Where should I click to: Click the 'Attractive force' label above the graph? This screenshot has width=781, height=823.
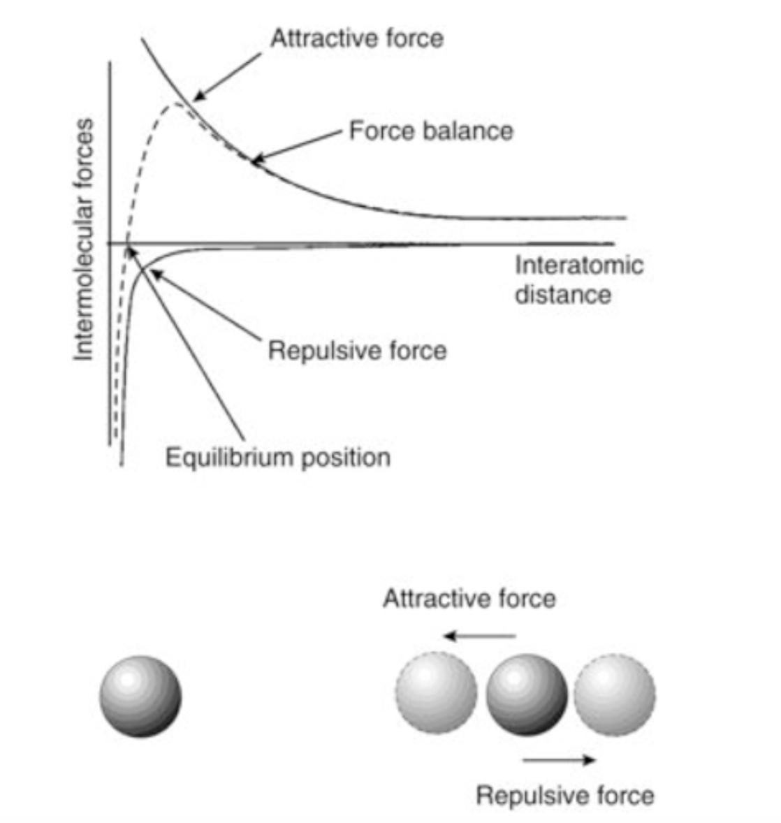pos(356,38)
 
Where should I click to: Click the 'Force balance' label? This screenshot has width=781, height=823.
pos(431,131)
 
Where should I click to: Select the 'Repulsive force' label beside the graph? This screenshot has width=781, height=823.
pos(357,349)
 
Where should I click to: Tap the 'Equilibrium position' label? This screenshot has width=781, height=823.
pos(277,458)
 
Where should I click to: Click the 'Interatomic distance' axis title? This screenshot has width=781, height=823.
pos(578,279)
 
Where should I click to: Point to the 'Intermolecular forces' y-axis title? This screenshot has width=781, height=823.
pos(84,240)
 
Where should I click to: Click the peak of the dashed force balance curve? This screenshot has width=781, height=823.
pos(176,105)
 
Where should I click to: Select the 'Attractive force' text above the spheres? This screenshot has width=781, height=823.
pos(469,599)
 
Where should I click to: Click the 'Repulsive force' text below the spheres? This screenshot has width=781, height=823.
pos(564,795)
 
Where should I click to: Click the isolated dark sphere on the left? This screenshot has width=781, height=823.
pos(140,696)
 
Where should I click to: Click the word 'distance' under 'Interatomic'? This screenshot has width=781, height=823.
pos(563,294)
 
